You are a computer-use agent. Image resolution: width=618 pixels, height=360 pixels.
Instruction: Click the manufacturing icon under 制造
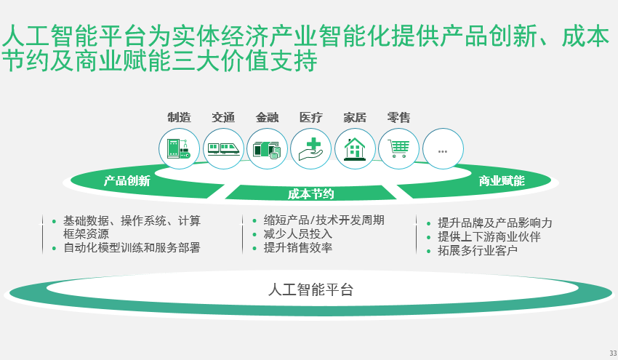click(x=179, y=149)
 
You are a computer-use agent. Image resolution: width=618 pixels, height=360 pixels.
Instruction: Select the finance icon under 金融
click(x=267, y=149)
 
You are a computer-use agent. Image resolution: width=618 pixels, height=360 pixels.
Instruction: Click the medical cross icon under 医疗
click(x=311, y=149)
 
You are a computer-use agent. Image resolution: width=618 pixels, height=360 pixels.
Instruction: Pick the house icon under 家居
click(x=355, y=149)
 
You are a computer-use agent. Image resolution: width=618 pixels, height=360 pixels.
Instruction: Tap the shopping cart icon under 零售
click(x=398, y=149)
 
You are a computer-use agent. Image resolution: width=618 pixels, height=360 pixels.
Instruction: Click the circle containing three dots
click(x=443, y=149)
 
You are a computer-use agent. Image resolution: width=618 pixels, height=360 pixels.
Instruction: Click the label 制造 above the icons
click(x=179, y=117)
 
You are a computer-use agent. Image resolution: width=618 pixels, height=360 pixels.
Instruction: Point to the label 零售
click(x=398, y=117)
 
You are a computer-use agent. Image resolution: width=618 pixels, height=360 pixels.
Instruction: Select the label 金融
click(x=267, y=117)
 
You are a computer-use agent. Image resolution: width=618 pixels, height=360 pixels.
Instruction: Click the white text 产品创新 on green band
click(x=127, y=181)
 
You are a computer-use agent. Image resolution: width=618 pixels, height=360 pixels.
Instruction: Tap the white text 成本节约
click(x=310, y=193)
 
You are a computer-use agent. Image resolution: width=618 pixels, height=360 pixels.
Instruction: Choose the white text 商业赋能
click(x=501, y=181)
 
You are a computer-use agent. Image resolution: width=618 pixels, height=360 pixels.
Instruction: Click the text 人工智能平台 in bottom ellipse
click(x=310, y=289)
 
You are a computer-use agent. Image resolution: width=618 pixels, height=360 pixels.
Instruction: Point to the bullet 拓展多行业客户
click(x=477, y=251)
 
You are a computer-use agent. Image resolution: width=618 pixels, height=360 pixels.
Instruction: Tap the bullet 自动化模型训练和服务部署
click(x=131, y=247)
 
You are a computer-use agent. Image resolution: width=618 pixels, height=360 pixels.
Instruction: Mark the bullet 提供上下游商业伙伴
click(x=489, y=237)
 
